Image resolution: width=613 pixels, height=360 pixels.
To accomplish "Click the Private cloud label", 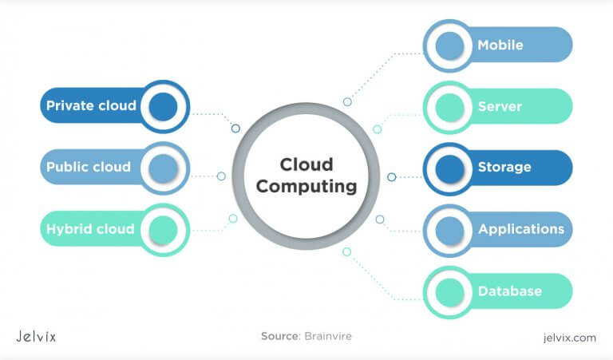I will click(90, 106).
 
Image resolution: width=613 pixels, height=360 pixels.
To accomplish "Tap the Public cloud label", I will click(88, 168).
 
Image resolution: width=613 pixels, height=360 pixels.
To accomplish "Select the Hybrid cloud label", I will click(89, 229).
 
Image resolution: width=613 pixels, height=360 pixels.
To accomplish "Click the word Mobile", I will click(500, 45).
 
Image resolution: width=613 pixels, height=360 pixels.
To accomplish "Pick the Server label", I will click(500, 106).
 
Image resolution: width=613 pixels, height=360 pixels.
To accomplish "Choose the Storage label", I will click(504, 168).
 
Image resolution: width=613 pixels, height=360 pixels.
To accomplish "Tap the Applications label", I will click(521, 229).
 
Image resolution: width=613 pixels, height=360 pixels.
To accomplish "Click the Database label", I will click(510, 291).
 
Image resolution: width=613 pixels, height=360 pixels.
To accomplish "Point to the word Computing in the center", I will click(306, 188).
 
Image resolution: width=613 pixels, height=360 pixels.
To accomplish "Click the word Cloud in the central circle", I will click(306, 164).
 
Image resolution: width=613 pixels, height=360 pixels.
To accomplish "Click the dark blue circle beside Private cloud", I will click(163, 106).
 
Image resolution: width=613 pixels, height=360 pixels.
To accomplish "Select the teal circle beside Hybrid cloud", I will click(163, 229).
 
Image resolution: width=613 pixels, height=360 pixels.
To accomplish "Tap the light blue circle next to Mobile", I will click(449, 45).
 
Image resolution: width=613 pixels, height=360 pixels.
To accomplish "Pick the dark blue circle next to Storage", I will click(449, 168).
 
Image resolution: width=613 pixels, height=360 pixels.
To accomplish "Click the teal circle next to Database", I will click(449, 291).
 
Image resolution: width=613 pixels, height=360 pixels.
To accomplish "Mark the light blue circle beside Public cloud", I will click(163, 168).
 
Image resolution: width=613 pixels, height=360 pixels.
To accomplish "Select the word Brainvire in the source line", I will click(327, 337).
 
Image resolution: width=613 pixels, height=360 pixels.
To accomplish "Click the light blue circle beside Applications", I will click(449, 229).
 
